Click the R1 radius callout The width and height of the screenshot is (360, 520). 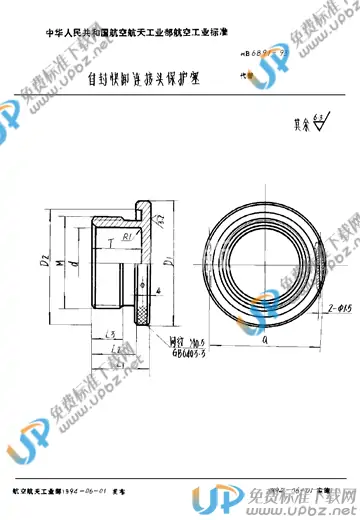[130, 240]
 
